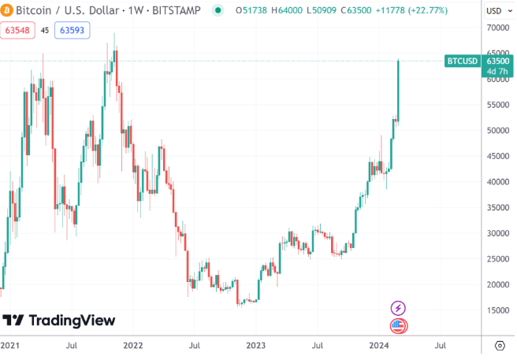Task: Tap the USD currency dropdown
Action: click(x=495, y=11)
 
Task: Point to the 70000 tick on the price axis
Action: click(x=497, y=28)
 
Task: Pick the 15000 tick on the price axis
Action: click(x=497, y=310)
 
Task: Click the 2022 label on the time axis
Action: click(x=132, y=346)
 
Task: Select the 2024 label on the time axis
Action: click(x=380, y=346)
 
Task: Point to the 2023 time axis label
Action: click(x=256, y=346)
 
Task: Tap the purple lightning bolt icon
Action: click(x=398, y=307)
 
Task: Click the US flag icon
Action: click(x=398, y=325)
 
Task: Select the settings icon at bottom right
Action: click(x=499, y=346)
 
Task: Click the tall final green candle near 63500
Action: click(x=399, y=91)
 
